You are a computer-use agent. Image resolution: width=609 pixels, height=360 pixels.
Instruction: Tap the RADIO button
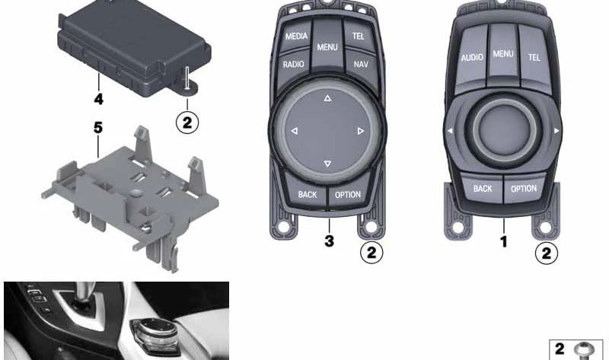tap(293, 65)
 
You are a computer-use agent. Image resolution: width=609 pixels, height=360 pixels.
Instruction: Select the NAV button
tap(360, 65)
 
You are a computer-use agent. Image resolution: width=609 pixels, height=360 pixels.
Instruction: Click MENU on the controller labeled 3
tap(327, 47)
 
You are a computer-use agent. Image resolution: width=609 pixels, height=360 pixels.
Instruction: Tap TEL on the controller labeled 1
tap(534, 57)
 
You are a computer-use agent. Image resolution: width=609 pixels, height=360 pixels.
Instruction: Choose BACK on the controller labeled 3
tap(308, 195)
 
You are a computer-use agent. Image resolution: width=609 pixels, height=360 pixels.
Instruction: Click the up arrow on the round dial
tap(327, 99)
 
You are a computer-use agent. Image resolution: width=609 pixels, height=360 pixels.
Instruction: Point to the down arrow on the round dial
tap(327, 164)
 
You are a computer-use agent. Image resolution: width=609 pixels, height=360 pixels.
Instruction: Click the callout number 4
tap(99, 99)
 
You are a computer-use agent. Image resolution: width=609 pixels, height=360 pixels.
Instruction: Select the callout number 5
tap(97, 128)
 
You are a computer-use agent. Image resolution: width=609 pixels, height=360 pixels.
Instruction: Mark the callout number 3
tap(329, 242)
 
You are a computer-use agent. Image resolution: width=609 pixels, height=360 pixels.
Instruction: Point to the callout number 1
tap(503, 242)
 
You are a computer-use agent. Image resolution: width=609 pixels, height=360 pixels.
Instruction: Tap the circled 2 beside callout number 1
tap(546, 252)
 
